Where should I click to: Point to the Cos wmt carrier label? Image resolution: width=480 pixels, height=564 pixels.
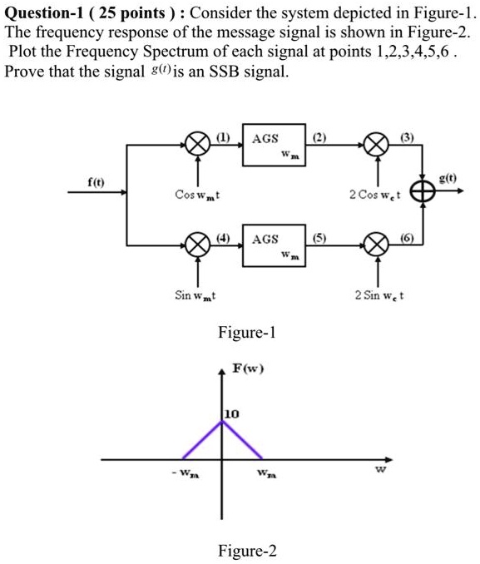(196, 195)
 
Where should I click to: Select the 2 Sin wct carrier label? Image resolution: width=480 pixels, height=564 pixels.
(379, 295)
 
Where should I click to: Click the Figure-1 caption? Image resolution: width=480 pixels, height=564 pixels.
(246, 334)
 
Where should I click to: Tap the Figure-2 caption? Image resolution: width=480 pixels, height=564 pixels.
(246, 551)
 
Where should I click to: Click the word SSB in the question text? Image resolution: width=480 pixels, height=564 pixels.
(235, 72)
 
